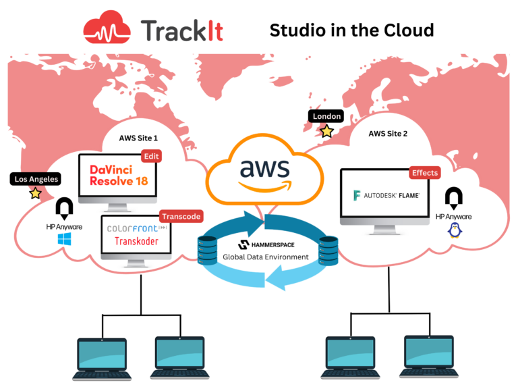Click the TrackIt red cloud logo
(108, 29)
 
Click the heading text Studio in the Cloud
(351, 30)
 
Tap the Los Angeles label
(35, 179)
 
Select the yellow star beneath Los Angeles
(35, 194)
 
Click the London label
(326, 116)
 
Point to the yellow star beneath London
(326, 131)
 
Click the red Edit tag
(150, 157)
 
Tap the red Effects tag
(424, 173)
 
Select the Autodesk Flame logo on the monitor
(387, 196)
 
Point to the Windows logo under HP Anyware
(64, 239)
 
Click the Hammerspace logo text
(266, 245)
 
